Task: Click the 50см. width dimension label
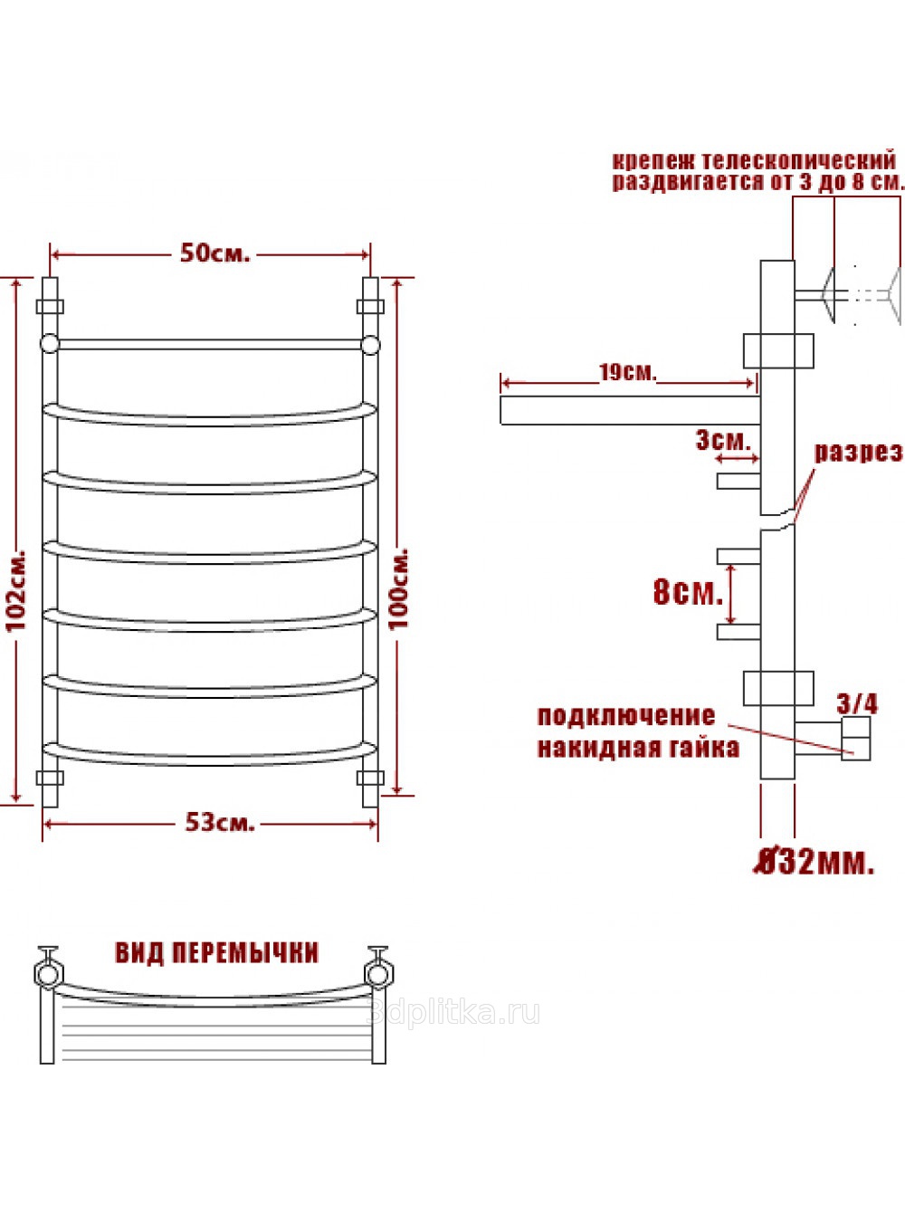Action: pos(214,253)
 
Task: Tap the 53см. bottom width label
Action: pos(220,822)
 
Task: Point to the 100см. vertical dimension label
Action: pos(398,588)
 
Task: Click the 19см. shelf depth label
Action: pos(628,372)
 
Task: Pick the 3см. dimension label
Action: pos(723,440)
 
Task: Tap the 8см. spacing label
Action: pos(688,591)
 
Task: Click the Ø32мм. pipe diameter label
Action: pos(814,861)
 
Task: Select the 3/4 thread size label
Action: pos(857,704)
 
